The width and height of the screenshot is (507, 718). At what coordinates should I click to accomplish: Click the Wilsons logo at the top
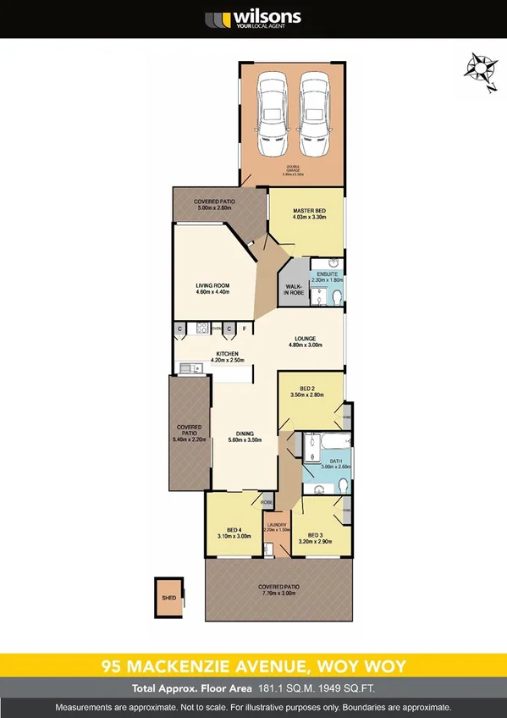tap(253, 19)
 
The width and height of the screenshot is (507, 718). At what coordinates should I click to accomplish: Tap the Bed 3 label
tap(316, 535)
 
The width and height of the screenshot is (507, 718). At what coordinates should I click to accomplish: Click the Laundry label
tap(276, 522)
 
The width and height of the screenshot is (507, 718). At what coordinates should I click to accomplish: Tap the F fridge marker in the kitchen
tap(244, 328)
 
